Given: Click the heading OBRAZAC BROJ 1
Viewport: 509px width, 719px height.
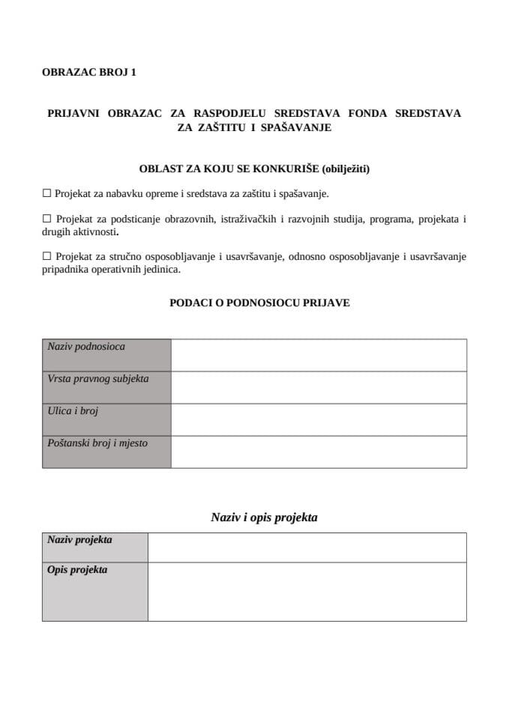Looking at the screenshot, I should tap(89, 73).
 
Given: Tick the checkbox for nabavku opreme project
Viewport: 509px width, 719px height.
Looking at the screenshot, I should tap(46, 193).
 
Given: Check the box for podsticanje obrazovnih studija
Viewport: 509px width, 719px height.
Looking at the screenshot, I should tap(46, 219).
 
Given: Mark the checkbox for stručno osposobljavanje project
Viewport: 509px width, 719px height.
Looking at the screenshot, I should tap(46, 257).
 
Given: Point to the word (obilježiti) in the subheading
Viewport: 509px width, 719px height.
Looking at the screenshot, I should tap(344, 169).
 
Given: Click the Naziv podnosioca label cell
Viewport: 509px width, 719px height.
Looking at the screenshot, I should tap(106, 355).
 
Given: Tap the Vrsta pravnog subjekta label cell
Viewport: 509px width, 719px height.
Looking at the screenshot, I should tap(106, 387).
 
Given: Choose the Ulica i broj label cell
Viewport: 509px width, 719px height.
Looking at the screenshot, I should tap(106, 419).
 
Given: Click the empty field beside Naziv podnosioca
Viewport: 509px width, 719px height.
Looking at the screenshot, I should tap(319, 355).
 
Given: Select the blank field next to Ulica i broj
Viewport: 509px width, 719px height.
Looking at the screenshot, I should tap(319, 419).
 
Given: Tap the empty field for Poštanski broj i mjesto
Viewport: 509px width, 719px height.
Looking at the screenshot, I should tap(319, 452).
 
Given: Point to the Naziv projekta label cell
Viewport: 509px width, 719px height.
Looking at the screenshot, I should tap(94, 547).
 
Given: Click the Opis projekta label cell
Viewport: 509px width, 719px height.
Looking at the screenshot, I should tap(94, 592).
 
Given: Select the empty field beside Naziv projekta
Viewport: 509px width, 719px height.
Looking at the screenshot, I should tap(307, 547).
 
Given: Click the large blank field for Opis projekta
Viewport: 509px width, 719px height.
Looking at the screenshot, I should tap(307, 592).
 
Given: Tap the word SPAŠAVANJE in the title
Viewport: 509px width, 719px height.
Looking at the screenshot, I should tap(296, 128).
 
